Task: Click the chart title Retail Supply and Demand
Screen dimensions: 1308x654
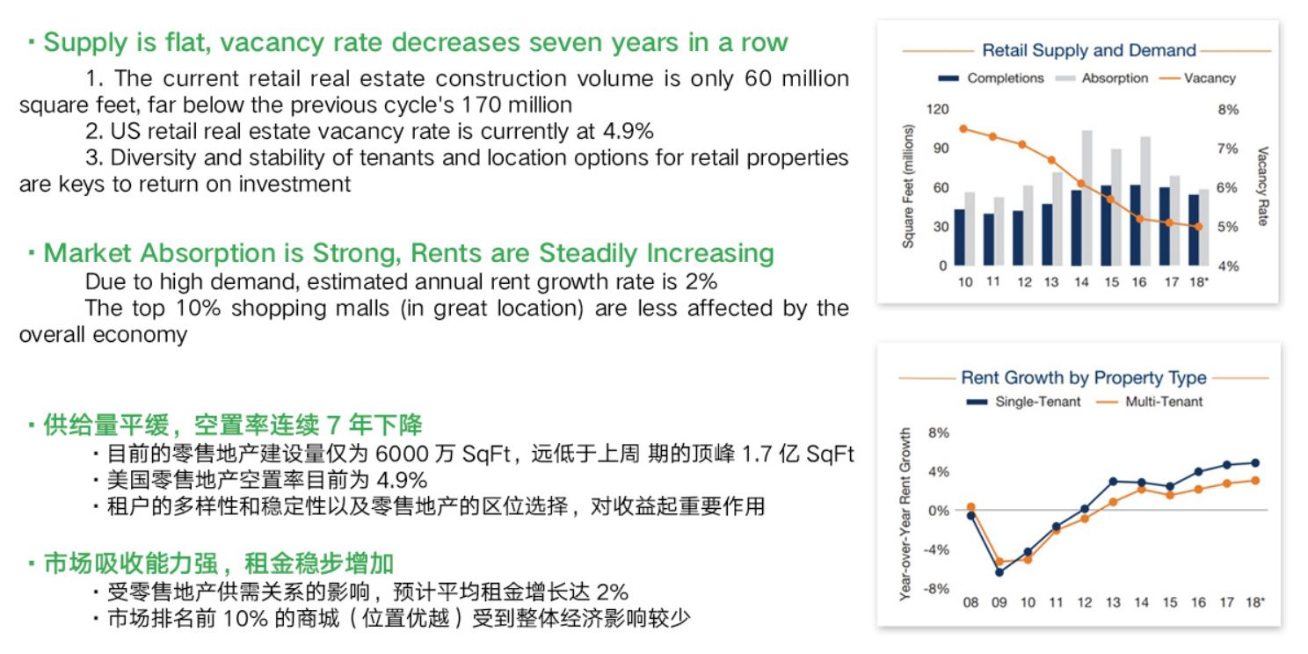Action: [x=1089, y=50]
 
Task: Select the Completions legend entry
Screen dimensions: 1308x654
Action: [x=991, y=78]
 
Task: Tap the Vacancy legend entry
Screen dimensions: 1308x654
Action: [x=1197, y=78]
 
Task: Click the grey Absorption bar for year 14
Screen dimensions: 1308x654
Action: [x=1086, y=198]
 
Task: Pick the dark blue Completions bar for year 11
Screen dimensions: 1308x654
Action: [x=989, y=239]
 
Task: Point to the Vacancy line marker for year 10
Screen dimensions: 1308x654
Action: [x=963, y=129]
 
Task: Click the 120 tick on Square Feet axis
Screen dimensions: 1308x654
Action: [x=937, y=109]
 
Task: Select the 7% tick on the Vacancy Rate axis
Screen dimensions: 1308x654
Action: [x=1227, y=149]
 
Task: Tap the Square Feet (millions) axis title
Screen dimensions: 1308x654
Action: [x=908, y=186]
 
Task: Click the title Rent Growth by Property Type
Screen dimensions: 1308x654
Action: [x=1084, y=378]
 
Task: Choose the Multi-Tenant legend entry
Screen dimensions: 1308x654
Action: [x=1150, y=402]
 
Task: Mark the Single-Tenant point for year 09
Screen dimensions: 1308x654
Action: [x=999, y=572]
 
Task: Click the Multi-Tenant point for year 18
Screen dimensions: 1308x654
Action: [x=1255, y=481]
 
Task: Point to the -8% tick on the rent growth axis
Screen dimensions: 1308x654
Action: [x=936, y=589]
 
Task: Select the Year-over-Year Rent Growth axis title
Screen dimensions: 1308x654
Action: [x=905, y=514]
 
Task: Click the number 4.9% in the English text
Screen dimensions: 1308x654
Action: [x=629, y=131]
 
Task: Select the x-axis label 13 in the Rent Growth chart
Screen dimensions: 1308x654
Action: [x=1113, y=603]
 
